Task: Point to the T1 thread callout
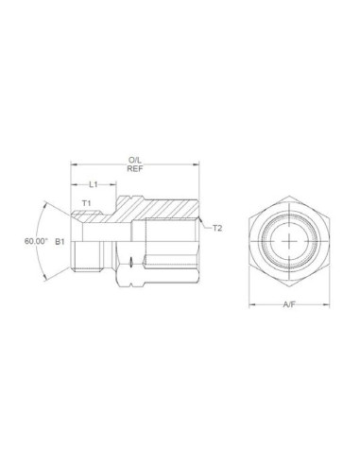(x=86, y=202)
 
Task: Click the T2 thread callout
(x=216, y=228)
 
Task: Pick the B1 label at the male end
(x=59, y=242)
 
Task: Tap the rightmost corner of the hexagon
(x=328, y=241)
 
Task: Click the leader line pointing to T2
(x=207, y=225)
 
